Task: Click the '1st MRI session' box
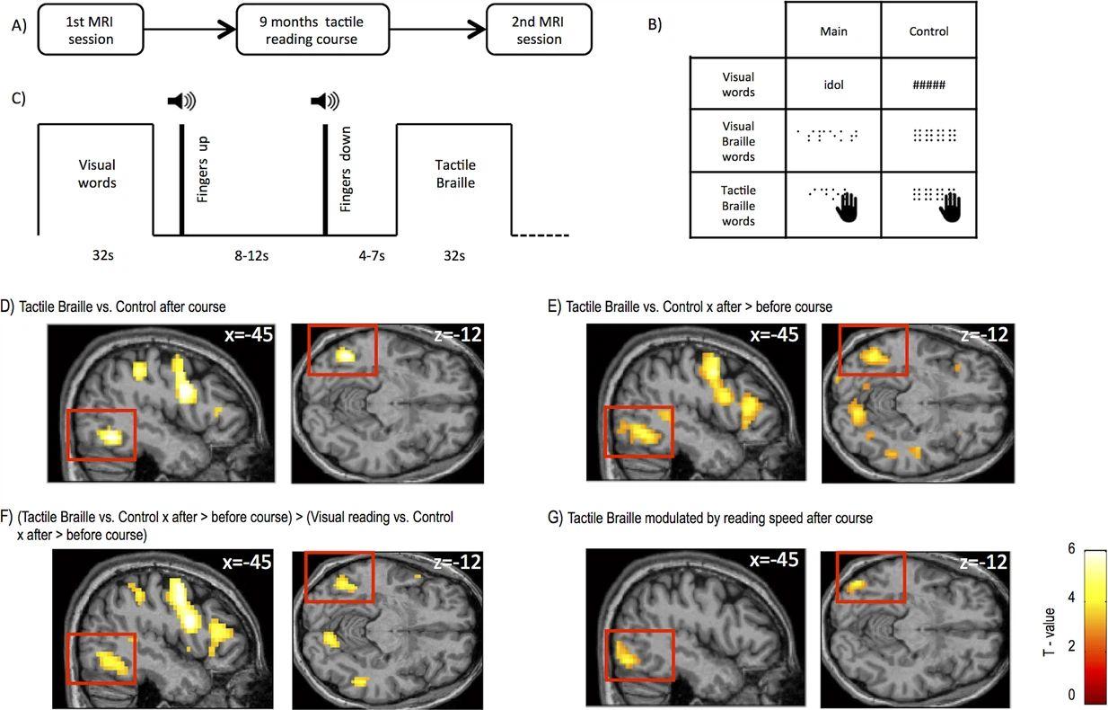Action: point(91,31)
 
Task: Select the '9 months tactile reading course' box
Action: point(312,31)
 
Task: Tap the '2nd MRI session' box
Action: point(539,31)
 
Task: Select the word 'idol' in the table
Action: point(833,85)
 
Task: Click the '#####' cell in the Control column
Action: point(928,85)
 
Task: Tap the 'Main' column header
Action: point(833,31)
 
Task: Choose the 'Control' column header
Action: point(928,31)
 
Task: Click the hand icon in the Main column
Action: point(847,207)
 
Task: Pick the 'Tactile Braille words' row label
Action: point(738,206)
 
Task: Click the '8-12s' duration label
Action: point(252,256)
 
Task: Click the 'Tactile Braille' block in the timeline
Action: point(454,173)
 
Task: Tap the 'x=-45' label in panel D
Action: point(249,336)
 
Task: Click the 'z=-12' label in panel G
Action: point(983,563)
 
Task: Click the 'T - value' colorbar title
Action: point(1048,631)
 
